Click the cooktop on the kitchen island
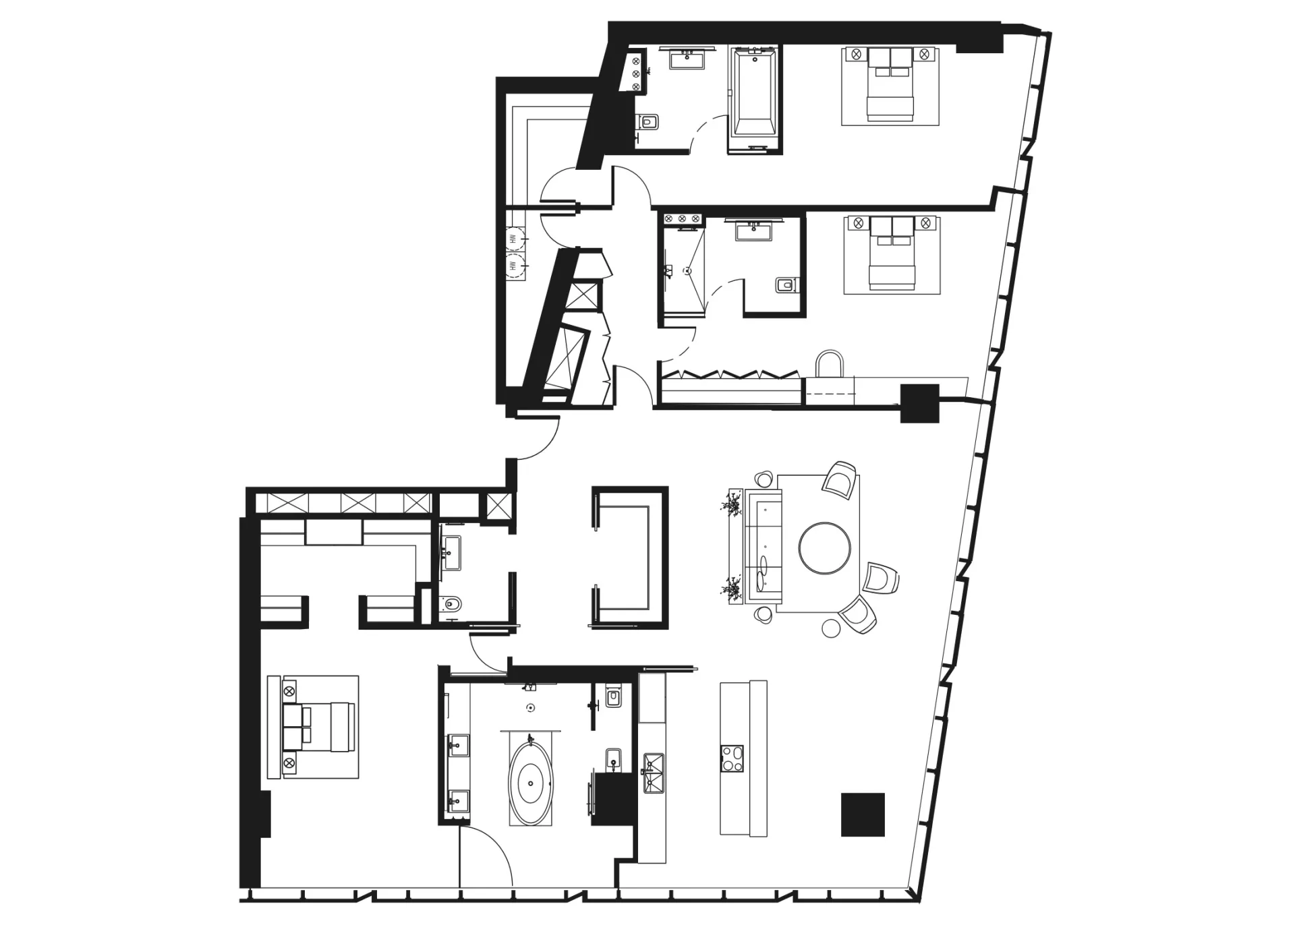point(732,758)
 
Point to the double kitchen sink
point(654,773)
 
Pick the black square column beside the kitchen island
point(863,814)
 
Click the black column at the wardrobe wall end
point(921,403)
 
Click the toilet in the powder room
point(451,605)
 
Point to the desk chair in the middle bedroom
point(830,364)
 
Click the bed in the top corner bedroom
point(890,85)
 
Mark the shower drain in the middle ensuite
point(687,272)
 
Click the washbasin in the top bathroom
point(687,59)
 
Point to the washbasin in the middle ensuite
point(753,231)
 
